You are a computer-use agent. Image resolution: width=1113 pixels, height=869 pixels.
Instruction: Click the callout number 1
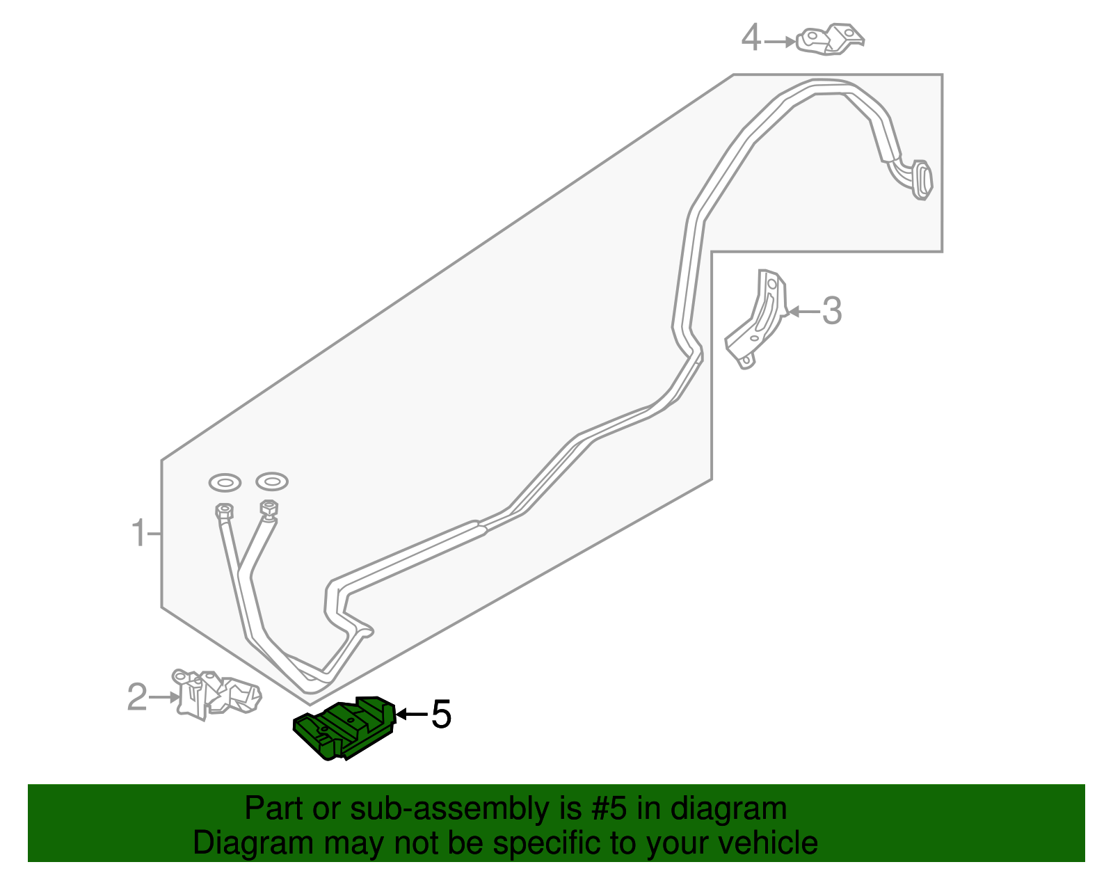[139, 534]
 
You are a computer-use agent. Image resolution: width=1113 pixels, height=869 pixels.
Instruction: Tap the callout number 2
[137, 696]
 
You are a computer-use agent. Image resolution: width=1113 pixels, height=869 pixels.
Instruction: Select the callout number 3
[831, 311]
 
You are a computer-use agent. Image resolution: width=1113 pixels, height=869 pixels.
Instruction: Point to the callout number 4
[751, 38]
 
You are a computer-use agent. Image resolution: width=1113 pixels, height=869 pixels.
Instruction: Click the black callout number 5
[441, 715]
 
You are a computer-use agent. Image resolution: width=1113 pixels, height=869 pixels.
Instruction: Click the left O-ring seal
[225, 481]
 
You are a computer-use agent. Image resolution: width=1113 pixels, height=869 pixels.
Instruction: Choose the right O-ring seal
[271, 481]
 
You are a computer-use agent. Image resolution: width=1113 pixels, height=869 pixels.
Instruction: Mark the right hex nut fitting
[269, 509]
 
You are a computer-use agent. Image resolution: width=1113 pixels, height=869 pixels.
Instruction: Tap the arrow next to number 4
[779, 42]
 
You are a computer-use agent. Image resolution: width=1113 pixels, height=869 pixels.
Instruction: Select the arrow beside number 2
[164, 696]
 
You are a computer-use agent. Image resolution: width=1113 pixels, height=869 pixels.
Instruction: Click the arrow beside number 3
[803, 312]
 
